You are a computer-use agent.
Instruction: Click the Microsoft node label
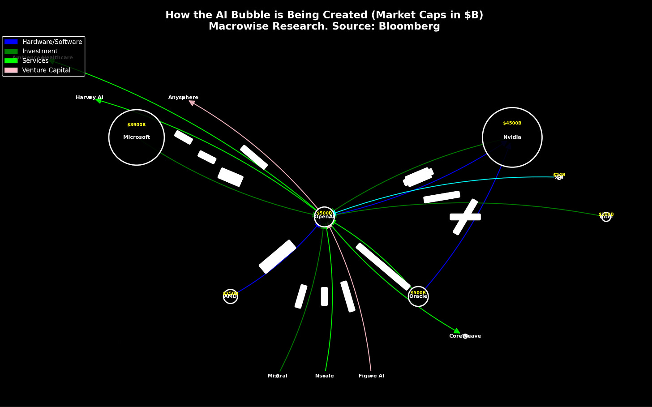tap(137, 137)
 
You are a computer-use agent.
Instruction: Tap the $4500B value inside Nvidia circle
tap(512, 123)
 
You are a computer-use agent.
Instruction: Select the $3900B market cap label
tap(136, 125)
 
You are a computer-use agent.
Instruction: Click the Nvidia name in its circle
tap(512, 137)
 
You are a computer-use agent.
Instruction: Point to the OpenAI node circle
tap(324, 217)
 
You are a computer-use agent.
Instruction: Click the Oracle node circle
tap(418, 296)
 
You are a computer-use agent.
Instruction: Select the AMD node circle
tap(230, 296)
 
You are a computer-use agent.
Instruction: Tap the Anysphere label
tap(183, 98)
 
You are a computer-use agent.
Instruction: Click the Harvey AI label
tap(90, 98)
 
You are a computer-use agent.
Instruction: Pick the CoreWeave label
tap(465, 336)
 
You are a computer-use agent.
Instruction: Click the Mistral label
tap(277, 376)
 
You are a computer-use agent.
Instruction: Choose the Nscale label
tap(324, 376)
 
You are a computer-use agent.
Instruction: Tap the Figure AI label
tap(371, 376)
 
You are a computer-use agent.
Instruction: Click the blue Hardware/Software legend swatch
tap(11, 42)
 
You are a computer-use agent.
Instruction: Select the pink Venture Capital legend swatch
tap(11, 70)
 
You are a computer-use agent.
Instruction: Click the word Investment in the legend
tap(40, 51)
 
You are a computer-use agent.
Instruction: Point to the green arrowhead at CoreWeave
tap(457, 331)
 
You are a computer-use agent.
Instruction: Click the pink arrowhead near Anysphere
tap(192, 103)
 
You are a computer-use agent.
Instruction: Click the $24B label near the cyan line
tap(559, 175)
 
